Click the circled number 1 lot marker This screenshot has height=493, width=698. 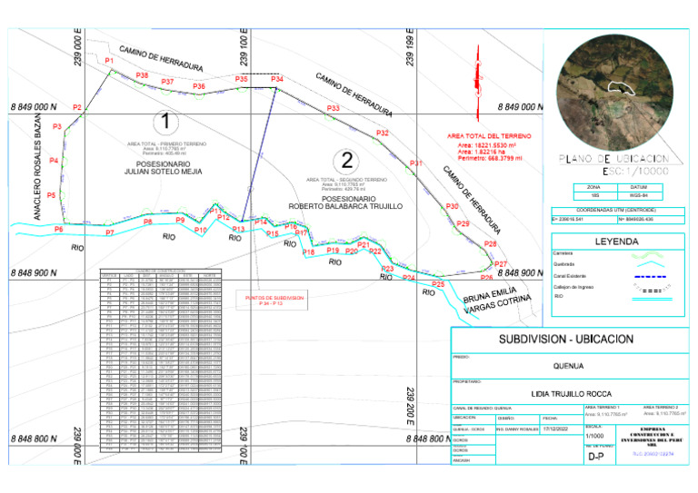click(165, 121)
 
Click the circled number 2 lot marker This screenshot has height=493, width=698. click(347, 162)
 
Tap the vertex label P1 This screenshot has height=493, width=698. click(109, 61)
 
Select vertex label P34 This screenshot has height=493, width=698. click(277, 80)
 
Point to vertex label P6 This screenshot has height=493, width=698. click(58, 230)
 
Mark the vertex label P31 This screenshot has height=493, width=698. click(415, 163)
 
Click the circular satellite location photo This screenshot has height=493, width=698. click(619, 89)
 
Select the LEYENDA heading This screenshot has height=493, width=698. click(617, 242)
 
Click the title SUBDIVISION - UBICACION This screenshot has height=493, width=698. click(564, 339)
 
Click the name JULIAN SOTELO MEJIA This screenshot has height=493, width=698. click(163, 171)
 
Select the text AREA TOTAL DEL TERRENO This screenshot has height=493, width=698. click(495, 136)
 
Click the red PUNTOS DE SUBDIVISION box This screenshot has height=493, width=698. click(269, 300)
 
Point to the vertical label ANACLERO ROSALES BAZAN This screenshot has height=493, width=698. click(39, 173)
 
